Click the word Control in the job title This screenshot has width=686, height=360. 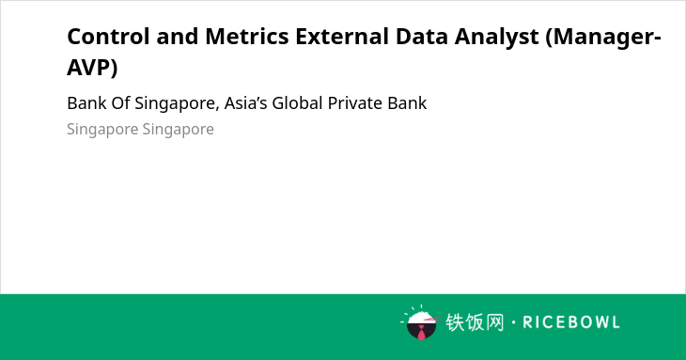click(x=108, y=37)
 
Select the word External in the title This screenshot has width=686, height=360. click(x=342, y=37)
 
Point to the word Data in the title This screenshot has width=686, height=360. click(x=422, y=37)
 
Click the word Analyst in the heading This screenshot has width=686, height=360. click(x=496, y=38)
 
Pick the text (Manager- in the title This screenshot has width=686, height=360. click(x=603, y=38)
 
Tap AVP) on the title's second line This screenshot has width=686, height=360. click(x=92, y=68)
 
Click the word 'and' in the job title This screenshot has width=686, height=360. click(x=178, y=37)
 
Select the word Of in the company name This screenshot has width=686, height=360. click(x=120, y=103)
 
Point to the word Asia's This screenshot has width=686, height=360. click(x=246, y=103)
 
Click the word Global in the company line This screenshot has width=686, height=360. click(x=298, y=103)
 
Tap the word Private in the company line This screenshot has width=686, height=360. click(x=355, y=103)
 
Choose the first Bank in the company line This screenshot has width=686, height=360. click(x=87, y=103)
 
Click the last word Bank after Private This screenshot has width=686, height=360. click(x=407, y=103)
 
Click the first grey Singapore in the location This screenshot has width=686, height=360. click(x=102, y=130)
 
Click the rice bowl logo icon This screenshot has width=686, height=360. click(x=420, y=322)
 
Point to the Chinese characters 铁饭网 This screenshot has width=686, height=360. click(x=475, y=322)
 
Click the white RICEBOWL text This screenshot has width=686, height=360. click(x=571, y=322)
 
